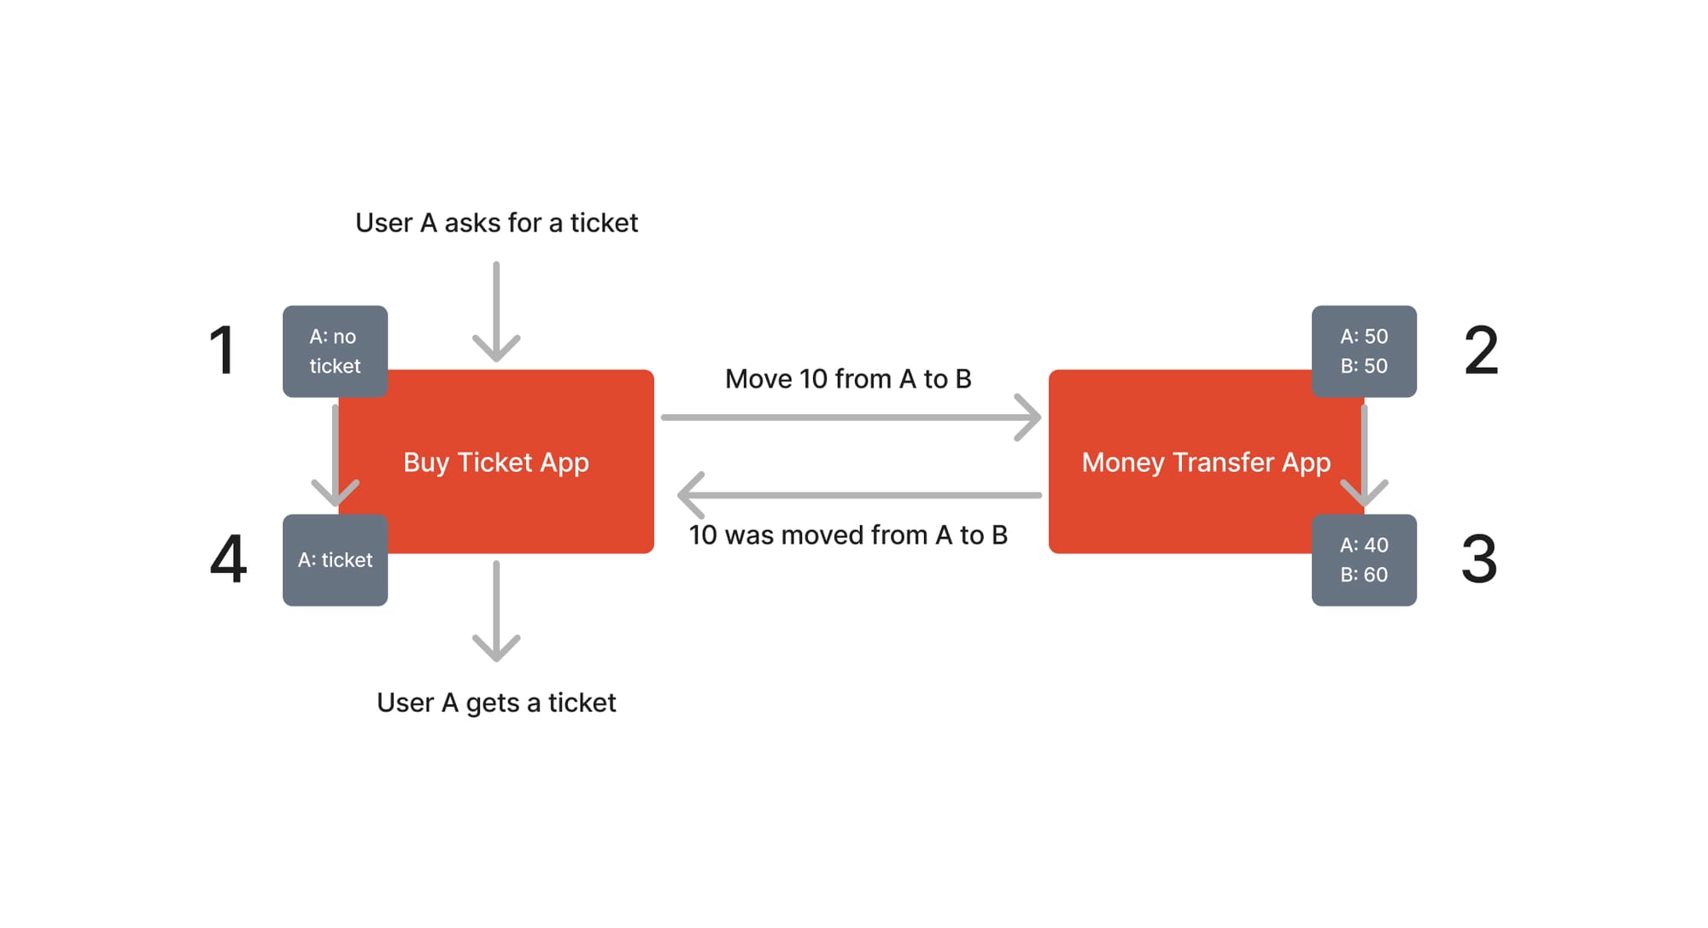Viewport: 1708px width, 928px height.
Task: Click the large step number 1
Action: (224, 350)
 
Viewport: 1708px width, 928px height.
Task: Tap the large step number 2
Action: (1481, 350)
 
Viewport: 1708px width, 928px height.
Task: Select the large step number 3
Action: (1479, 559)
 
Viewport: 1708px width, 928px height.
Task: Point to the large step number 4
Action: (228, 559)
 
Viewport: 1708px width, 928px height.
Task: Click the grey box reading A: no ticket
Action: (335, 351)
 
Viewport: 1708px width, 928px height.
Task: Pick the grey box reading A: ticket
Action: (335, 560)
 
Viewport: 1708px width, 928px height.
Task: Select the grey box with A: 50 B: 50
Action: (1364, 351)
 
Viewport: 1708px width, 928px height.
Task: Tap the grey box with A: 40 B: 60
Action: (1364, 560)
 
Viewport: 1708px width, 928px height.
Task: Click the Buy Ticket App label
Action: (496, 462)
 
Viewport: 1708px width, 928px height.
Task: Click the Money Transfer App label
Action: (1206, 462)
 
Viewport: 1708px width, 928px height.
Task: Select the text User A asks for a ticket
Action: (496, 223)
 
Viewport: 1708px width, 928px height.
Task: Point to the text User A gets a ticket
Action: (496, 703)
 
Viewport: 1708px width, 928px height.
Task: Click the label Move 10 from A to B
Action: (848, 379)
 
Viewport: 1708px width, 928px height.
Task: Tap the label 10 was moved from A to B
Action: (848, 535)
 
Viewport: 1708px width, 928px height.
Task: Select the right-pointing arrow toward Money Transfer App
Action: (851, 417)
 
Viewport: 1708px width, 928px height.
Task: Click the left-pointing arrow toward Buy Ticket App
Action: (858, 495)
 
